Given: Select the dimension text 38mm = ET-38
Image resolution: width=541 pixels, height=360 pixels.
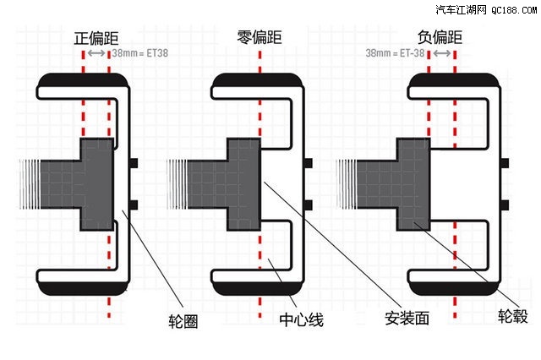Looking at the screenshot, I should point(395,52).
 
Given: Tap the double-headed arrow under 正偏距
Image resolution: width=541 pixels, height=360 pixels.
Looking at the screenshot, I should point(96,52).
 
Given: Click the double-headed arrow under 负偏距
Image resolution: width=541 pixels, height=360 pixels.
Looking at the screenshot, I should point(440,52).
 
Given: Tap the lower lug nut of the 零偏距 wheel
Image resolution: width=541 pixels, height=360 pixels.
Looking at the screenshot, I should point(308,204).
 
